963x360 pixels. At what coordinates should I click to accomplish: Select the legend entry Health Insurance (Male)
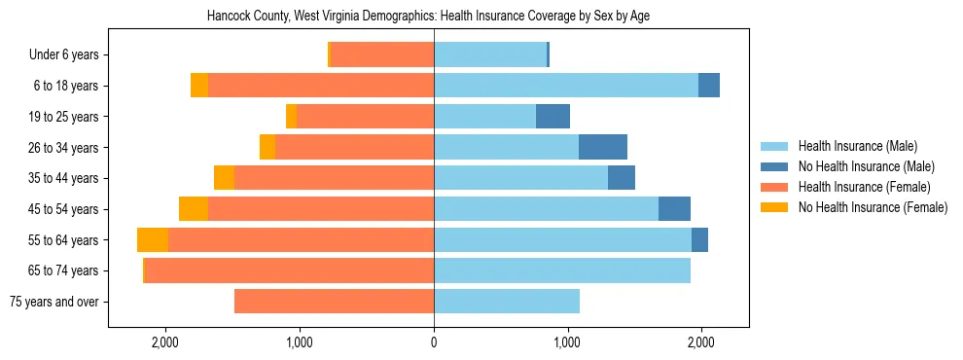click(x=857, y=146)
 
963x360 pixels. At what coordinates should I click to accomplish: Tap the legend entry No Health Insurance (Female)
click(x=873, y=207)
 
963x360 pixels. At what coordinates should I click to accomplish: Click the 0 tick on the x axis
click(x=434, y=342)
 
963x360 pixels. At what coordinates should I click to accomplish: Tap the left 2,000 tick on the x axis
click(x=165, y=342)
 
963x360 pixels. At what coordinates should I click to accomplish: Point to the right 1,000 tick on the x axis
click(x=568, y=342)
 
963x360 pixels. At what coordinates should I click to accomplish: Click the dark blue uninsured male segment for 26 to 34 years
click(x=603, y=147)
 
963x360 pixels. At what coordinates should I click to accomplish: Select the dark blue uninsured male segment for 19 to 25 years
click(x=553, y=117)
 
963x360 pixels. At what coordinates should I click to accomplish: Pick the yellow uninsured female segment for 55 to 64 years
click(x=153, y=240)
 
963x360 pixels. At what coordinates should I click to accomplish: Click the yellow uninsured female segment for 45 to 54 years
click(x=194, y=209)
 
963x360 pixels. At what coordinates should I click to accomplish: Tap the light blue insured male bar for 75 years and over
click(x=507, y=302)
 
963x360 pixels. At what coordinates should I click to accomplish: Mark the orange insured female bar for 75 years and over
click(x=334, y=302)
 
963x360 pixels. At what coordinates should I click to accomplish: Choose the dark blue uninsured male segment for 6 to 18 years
click(x=709, y=86)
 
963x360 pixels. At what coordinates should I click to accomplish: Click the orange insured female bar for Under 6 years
click(x=382, y=55)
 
